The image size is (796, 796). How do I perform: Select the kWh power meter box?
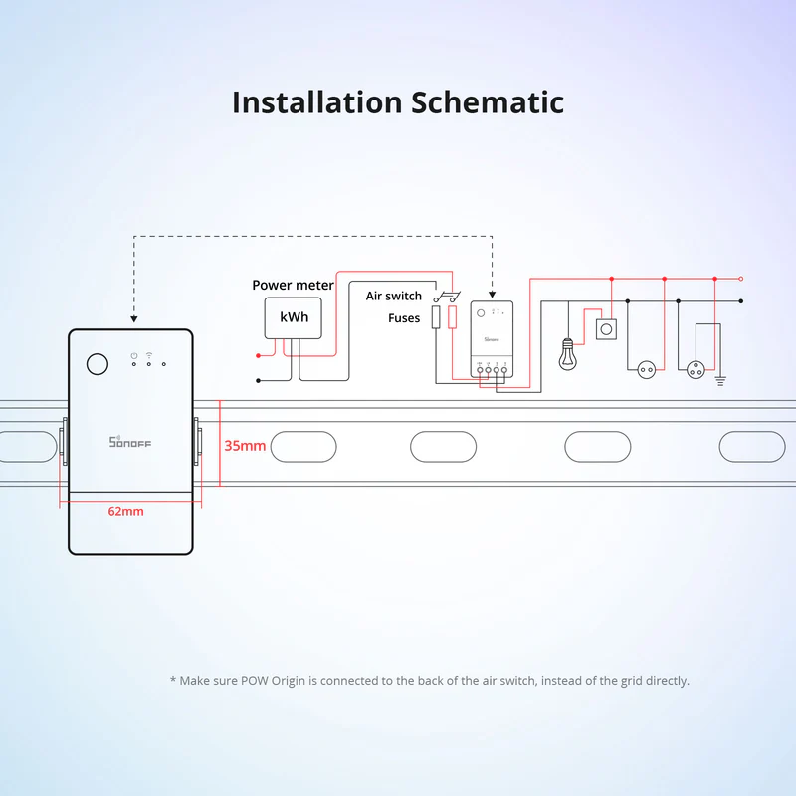pyautogui.click(x=294, y=317)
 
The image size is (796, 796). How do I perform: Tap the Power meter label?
pyautogui.click(x=293, y=286)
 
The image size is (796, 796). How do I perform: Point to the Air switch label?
pyautogui.click(x=393, y=297)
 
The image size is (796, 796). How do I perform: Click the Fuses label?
pyautogui.click(x=404, y=318)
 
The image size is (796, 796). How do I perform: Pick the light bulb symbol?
pyautogui.click(x=568, y=355)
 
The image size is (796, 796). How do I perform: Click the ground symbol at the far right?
pyautogui.click(x=720, y=379)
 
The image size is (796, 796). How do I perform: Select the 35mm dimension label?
pyautogui.click(x=244, y=446)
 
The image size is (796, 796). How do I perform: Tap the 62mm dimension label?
pyautogui.click(x=125, y=511)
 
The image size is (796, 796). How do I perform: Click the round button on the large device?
pyautogui.click(x=97, y=363)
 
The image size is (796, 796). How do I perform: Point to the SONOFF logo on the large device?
pyautogui.click(x=129, y=441)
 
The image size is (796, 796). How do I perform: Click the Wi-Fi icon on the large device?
pyautogui.click(x=148, y=354)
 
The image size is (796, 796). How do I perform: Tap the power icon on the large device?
pyautogui.click(x=133, y=354)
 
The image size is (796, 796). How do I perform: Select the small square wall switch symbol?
pyautogui.click(x=605, y=329)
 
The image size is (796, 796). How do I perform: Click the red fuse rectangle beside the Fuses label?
pyautogui.click(x=454, y=318)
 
